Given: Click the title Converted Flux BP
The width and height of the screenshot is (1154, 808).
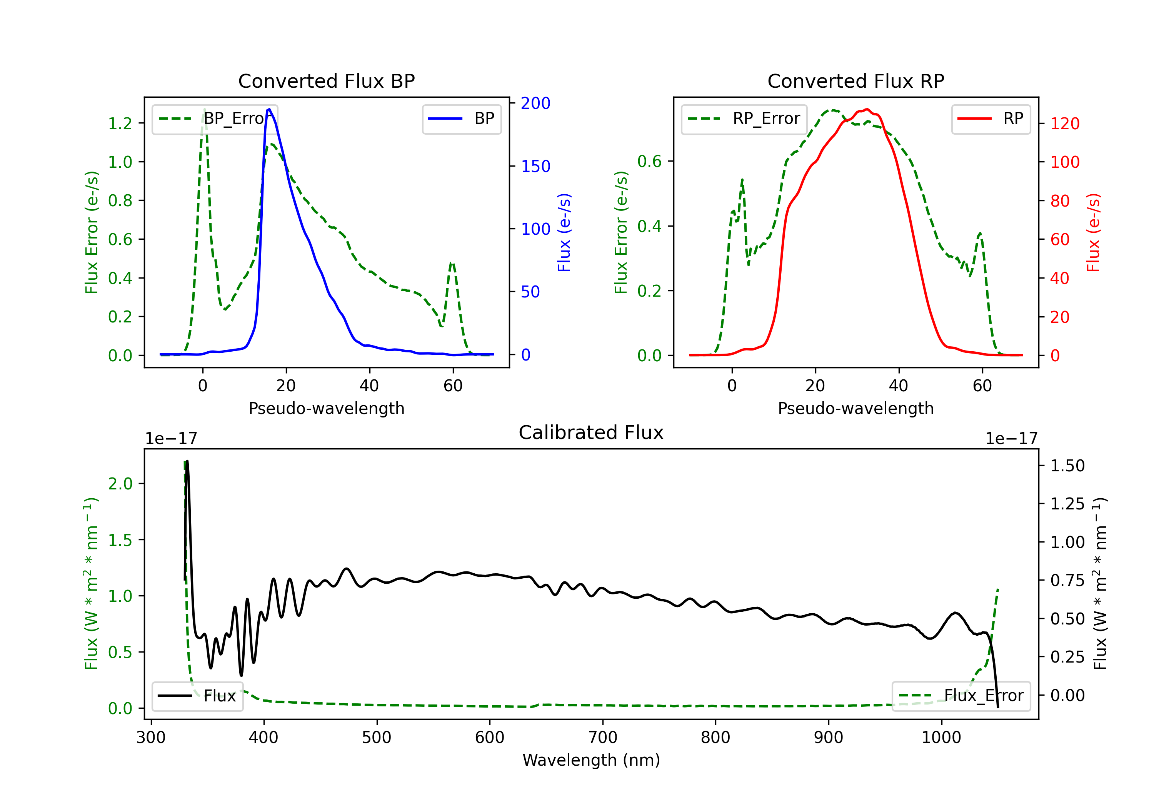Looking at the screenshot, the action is [x=326, y=81].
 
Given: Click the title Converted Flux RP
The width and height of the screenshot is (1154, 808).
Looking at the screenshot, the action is [x=855, y=81].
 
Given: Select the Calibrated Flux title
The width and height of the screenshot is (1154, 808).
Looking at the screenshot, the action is [x=591, y=432].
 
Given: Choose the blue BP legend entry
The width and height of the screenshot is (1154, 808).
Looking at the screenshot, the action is [x=461, y=119].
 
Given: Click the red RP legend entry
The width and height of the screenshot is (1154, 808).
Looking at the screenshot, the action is [x=991, y=119].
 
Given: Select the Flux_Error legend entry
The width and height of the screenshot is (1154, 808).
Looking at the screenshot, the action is [x=961, y=696].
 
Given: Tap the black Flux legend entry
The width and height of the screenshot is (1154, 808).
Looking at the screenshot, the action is [x=197, y=696].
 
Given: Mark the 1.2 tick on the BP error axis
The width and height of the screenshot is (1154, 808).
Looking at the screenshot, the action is [x=120, y=123].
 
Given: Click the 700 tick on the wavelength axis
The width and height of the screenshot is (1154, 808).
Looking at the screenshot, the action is [x=603, y=738].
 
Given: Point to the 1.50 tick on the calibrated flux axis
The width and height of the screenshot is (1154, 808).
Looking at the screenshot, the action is [x=1067, y=466].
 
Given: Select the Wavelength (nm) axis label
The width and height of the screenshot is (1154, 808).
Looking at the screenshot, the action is [x=591, y=760].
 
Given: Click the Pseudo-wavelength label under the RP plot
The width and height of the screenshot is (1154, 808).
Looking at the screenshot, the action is [x=855, y=408].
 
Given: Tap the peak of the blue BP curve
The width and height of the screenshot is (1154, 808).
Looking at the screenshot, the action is [x=269, y=109].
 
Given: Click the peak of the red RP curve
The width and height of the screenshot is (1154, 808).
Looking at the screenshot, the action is [x=867, y=109].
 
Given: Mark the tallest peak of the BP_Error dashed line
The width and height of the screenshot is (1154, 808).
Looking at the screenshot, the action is [x=204, y=110].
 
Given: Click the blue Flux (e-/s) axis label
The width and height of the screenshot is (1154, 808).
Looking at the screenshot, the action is [x=564, y=232].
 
